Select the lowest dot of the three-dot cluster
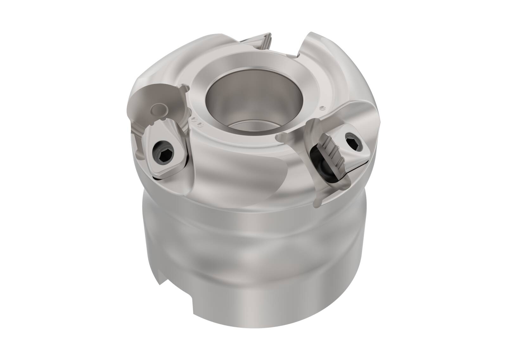pyautogui.click(x=199, y=124)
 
